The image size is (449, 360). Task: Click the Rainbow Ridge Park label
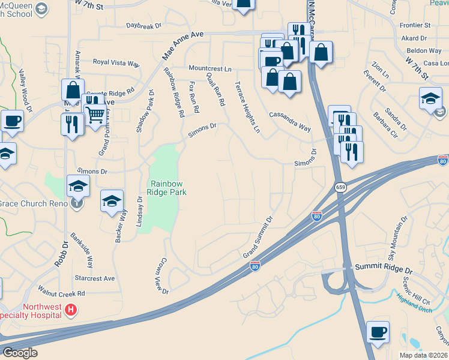(168, 188)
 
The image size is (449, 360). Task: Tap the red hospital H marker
(71, 310)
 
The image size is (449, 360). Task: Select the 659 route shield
(340, 188)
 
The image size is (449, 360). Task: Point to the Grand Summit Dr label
(258, 238)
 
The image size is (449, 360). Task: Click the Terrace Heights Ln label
(247, 107)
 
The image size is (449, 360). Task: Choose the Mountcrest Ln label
(209, 69)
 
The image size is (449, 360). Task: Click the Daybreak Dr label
(144, 26)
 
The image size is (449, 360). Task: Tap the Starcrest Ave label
(94, 278)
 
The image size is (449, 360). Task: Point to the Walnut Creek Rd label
(61, 294)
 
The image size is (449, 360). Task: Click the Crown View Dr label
(163, 276)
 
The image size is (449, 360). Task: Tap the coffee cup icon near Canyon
(378, 331)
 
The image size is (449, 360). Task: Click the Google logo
(20, 353)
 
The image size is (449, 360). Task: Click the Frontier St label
(415, 26)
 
